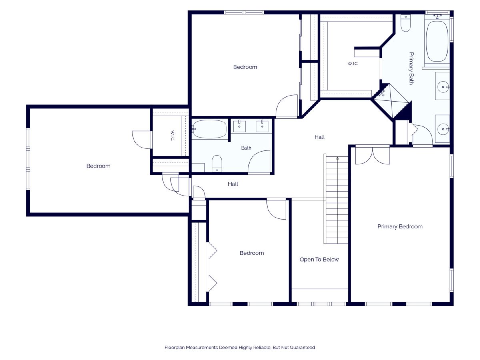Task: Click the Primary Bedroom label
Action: pos(400,226)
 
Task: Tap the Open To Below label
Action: pos(319,260)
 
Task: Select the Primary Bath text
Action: pos(411,68)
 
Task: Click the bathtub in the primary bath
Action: pos(437,41)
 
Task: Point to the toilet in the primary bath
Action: pos(406,23)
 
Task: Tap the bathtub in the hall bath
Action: pos(210,129)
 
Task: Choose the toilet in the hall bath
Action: pos(217,163)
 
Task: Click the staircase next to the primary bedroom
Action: pos(336,199)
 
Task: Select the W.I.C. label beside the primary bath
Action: pos(353,64)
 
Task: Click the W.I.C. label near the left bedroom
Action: pos(172,136)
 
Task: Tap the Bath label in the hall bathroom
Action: pos(246,148)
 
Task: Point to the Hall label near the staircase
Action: pos(319,137)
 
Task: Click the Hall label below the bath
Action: pos(233,184)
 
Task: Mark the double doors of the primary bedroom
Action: pos(372,156)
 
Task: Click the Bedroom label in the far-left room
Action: pos(98,166)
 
